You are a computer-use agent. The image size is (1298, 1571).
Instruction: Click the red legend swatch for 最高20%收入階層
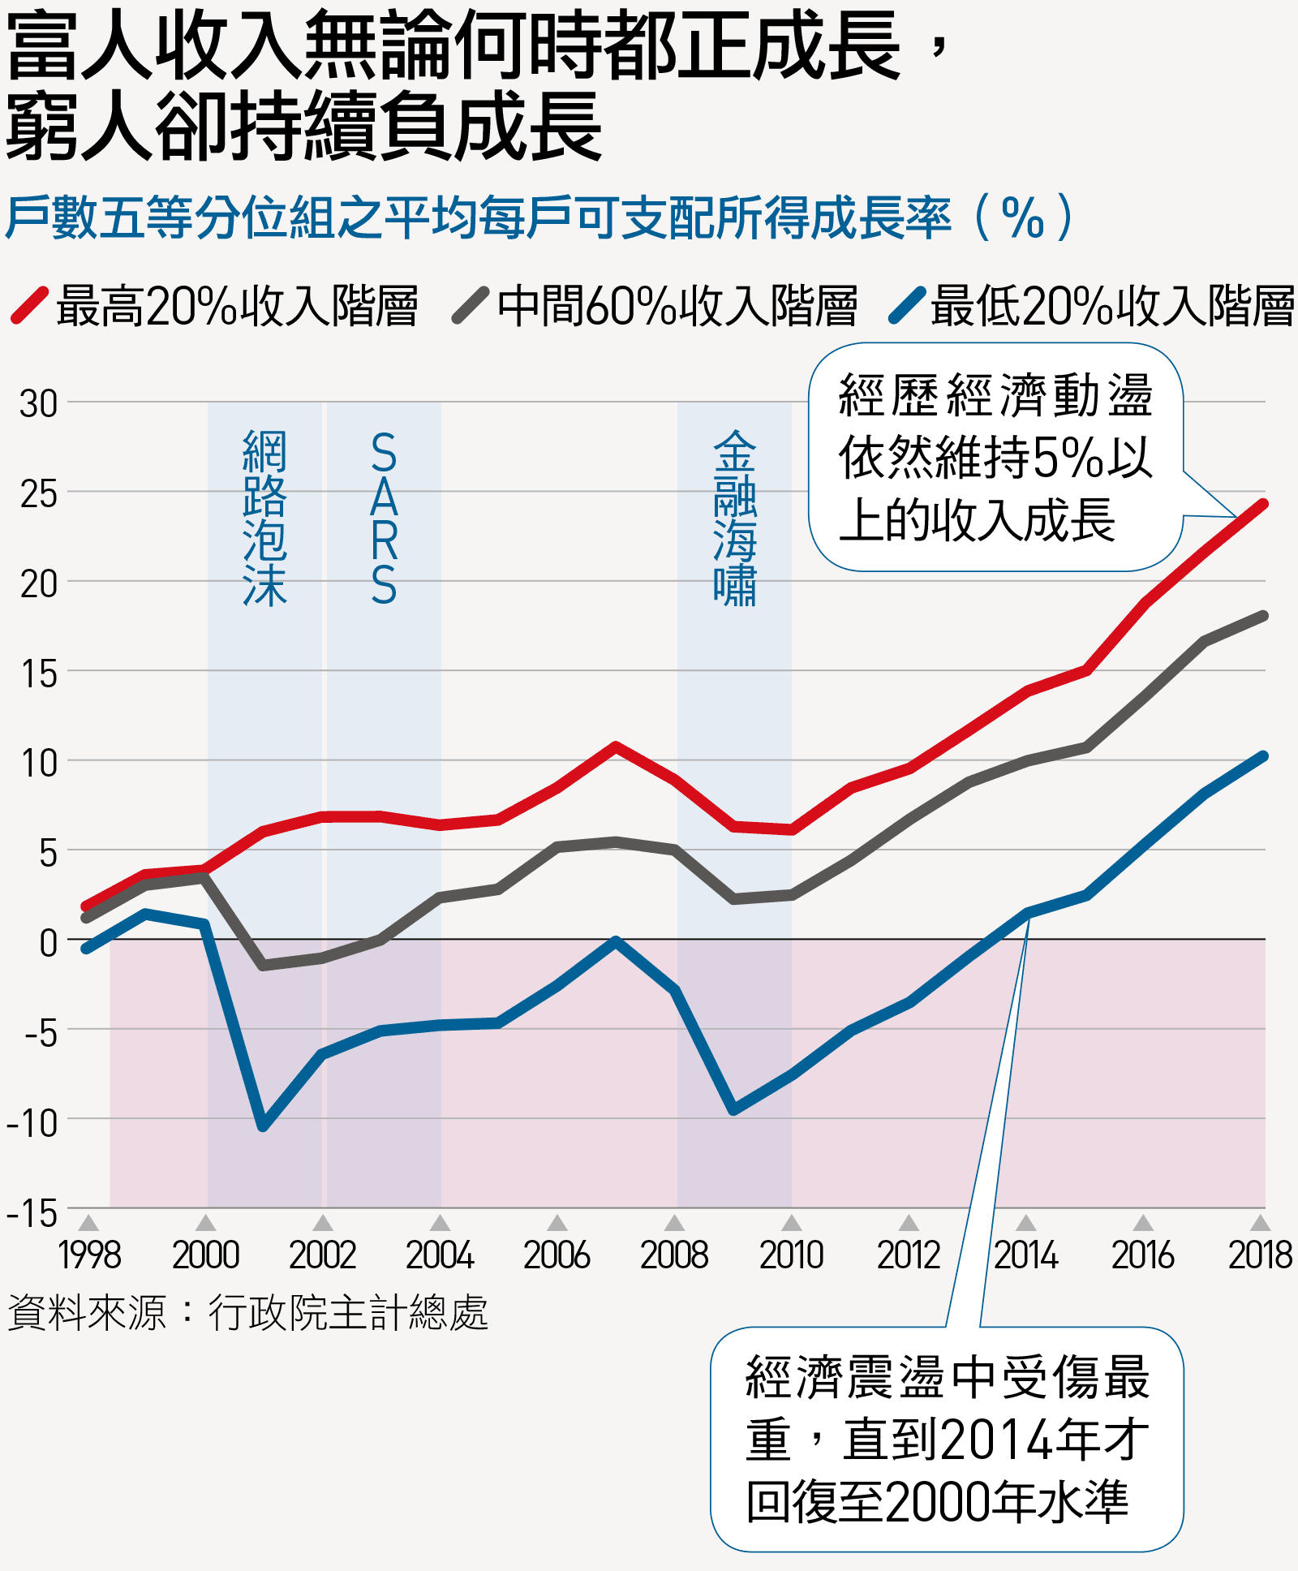[30, 305]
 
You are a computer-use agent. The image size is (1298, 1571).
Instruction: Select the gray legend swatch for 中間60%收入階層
[471, 305]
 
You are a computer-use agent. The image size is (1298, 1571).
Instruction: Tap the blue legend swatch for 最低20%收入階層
[907, 305]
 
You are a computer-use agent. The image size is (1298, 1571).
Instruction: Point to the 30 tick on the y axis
[39, 403]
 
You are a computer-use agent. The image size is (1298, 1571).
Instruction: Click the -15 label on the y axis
[32, 1213]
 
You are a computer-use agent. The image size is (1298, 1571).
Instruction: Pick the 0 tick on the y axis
[49, 943]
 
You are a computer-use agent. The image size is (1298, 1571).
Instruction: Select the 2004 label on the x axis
[440, 1255]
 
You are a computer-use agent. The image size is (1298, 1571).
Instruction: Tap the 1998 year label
[89, 1255]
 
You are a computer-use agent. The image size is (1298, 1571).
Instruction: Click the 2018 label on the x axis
[1260, 1255]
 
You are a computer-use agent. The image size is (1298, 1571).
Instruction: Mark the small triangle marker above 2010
[792, 1223]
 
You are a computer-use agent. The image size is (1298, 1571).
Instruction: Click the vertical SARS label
[384, 519]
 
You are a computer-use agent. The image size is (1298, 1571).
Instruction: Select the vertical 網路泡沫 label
[265, 519]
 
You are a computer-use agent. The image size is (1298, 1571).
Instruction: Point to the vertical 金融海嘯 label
[735, 519]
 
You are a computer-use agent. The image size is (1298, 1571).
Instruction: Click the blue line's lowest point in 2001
[263, 1127]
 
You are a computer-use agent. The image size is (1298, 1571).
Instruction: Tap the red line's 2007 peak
[616, 746]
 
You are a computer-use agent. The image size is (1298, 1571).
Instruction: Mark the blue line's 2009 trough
[733, 1110]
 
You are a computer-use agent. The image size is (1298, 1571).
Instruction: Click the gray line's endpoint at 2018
[1264, 616]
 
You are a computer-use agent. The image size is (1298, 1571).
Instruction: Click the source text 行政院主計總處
[349, 1312]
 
